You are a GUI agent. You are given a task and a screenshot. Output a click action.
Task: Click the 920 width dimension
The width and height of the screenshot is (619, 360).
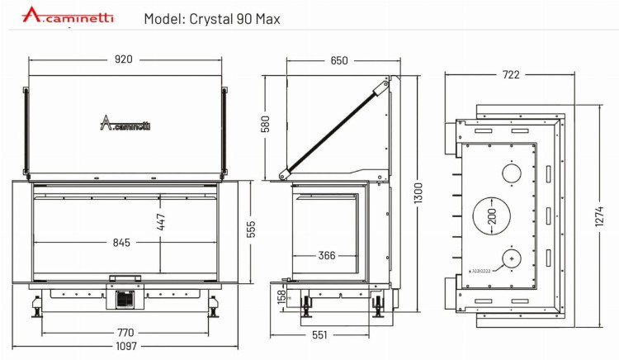[x=124, y=59]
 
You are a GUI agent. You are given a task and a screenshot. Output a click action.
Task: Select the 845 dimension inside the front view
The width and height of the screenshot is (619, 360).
[x=122, y=242]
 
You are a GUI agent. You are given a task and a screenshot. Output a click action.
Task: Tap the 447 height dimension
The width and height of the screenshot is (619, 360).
[x=162, y=222]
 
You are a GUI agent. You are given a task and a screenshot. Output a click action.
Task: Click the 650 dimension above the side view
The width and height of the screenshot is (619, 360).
[x=338, y=60]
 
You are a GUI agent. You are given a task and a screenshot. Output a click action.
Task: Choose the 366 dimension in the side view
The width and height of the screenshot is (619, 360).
[x=327, y=255]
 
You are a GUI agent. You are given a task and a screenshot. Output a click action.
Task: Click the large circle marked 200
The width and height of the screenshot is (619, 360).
[x=492, y=216]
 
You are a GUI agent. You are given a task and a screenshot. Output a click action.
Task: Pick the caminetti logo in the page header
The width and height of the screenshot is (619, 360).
[x=69, y=16]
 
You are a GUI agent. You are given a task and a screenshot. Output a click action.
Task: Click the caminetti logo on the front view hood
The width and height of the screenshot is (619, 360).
[x=125, y=125]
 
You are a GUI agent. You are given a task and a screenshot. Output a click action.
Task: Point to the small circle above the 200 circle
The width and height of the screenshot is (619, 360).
[x=512, y=173]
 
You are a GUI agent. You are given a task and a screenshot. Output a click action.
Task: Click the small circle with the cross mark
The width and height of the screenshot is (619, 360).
[x=512, y=258]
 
